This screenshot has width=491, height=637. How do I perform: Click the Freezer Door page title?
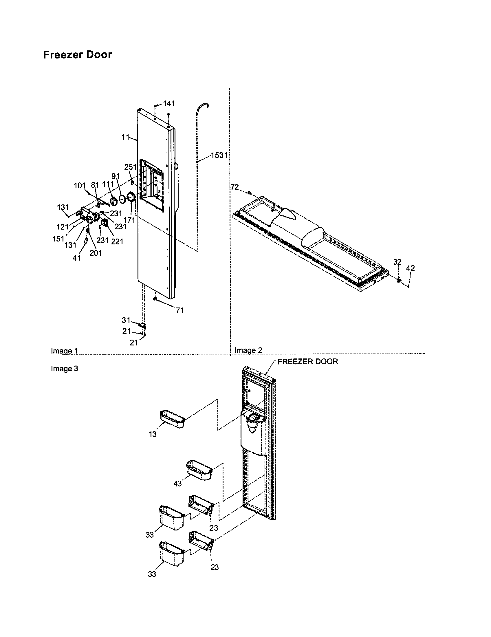coord(77,55)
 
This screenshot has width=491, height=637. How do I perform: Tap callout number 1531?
coord(219,155)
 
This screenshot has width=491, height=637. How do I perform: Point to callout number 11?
coord(125,137)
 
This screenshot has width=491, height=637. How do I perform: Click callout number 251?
coord(130,167)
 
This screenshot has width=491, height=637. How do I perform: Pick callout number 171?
coord(129,220)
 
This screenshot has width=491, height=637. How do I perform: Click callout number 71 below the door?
coord(179,310)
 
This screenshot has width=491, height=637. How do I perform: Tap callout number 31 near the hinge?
coord(126,320)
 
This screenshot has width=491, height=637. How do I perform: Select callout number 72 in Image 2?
coord(234,187)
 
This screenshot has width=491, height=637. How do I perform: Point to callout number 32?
coord(397,262)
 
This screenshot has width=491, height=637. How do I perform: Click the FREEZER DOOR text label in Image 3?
coord(308,362)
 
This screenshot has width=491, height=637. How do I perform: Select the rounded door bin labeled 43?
coord(199,470)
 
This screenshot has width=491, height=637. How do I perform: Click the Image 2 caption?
coord(248,350)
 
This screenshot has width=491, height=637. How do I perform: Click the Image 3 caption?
coord(65,369)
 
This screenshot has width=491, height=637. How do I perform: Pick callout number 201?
coord(95,253)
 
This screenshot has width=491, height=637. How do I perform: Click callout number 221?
coord(117,241)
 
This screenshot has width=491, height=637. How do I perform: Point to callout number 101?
coord(79,186)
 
